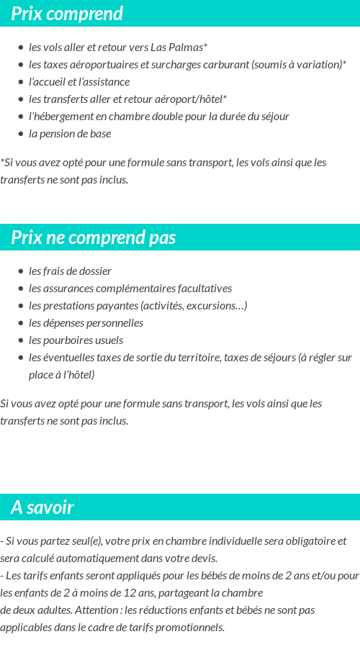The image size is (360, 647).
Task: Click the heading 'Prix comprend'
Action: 67,14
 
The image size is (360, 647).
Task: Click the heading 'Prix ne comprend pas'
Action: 93,237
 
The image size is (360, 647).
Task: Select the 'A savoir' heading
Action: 42,507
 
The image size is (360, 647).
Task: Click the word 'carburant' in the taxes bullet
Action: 225,65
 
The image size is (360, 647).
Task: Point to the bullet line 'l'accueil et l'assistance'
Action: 79,82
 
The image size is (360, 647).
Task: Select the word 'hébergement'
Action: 63,117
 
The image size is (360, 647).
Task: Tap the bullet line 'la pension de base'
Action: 70,134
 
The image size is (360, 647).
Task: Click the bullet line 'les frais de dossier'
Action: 70,271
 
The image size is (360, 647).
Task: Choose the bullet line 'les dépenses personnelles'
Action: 86,323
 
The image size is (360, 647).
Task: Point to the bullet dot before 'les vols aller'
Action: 21,47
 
